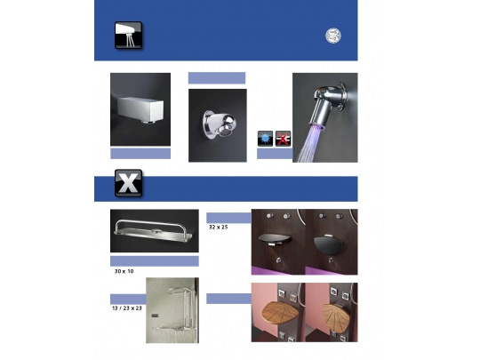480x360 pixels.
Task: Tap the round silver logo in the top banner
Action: pos(332,36)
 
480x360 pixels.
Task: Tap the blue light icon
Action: pos(265,138)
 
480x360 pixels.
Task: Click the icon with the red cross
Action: pos(284,138)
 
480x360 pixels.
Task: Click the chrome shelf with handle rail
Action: pos(154,233)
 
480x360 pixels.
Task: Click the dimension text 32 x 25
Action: pos(219,228)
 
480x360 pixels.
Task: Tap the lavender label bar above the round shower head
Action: pos(216,78)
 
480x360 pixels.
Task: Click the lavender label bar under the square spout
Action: pos(140,154)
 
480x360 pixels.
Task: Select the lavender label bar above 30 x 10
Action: pos(154,260)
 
